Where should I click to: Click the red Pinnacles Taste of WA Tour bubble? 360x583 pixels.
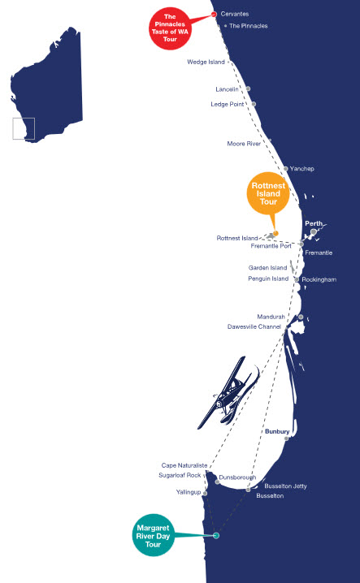tap(170, 28)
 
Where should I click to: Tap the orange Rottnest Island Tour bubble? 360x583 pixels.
tap(268, 193)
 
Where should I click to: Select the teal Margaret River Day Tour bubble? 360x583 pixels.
tap(153, 535)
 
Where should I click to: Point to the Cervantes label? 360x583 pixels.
tap(235, 14)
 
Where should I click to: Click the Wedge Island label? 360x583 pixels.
tap(206, 62)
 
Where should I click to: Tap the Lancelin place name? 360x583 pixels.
tap(227, 89)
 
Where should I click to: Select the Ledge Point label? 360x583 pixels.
tap(227, 104)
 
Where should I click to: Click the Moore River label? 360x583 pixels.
tap(244, 144)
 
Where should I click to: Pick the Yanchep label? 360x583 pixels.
tap(302, 168)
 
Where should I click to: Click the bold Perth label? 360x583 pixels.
tap(314, 223)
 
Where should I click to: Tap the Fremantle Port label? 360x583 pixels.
tap(271, 246)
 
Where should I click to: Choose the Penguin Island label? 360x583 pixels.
tap(268, 279)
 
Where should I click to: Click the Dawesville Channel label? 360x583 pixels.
tap(254, 326)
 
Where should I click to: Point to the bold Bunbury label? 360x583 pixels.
tap(277, 431)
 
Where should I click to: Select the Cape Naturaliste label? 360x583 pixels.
tap(184, 465)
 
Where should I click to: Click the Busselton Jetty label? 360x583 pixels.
tap(285, 486)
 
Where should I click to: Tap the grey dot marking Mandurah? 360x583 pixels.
tap(301, 317)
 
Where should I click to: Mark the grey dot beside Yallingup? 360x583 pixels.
tap(205, 493)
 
